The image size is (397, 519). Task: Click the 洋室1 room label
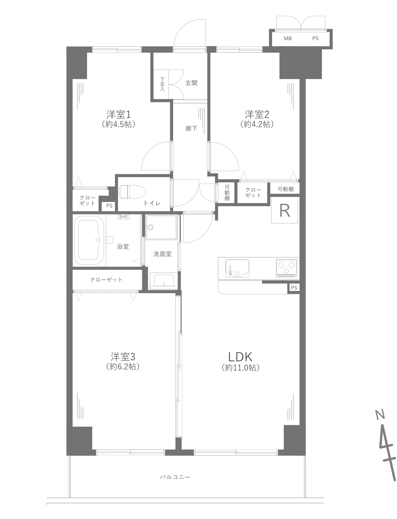118,115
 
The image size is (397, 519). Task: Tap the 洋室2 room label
257,115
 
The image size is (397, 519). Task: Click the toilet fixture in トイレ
132,192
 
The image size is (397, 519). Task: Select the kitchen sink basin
237,268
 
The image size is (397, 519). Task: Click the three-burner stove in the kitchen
286,268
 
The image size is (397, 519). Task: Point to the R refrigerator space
285,210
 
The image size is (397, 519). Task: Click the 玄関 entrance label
191,83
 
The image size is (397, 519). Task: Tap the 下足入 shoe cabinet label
162,84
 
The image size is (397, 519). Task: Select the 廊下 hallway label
191,128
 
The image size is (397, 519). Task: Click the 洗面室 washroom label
162,254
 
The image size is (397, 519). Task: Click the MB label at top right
288,38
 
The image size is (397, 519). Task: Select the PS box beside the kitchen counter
294,288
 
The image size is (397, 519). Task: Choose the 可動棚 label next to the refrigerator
286,189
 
